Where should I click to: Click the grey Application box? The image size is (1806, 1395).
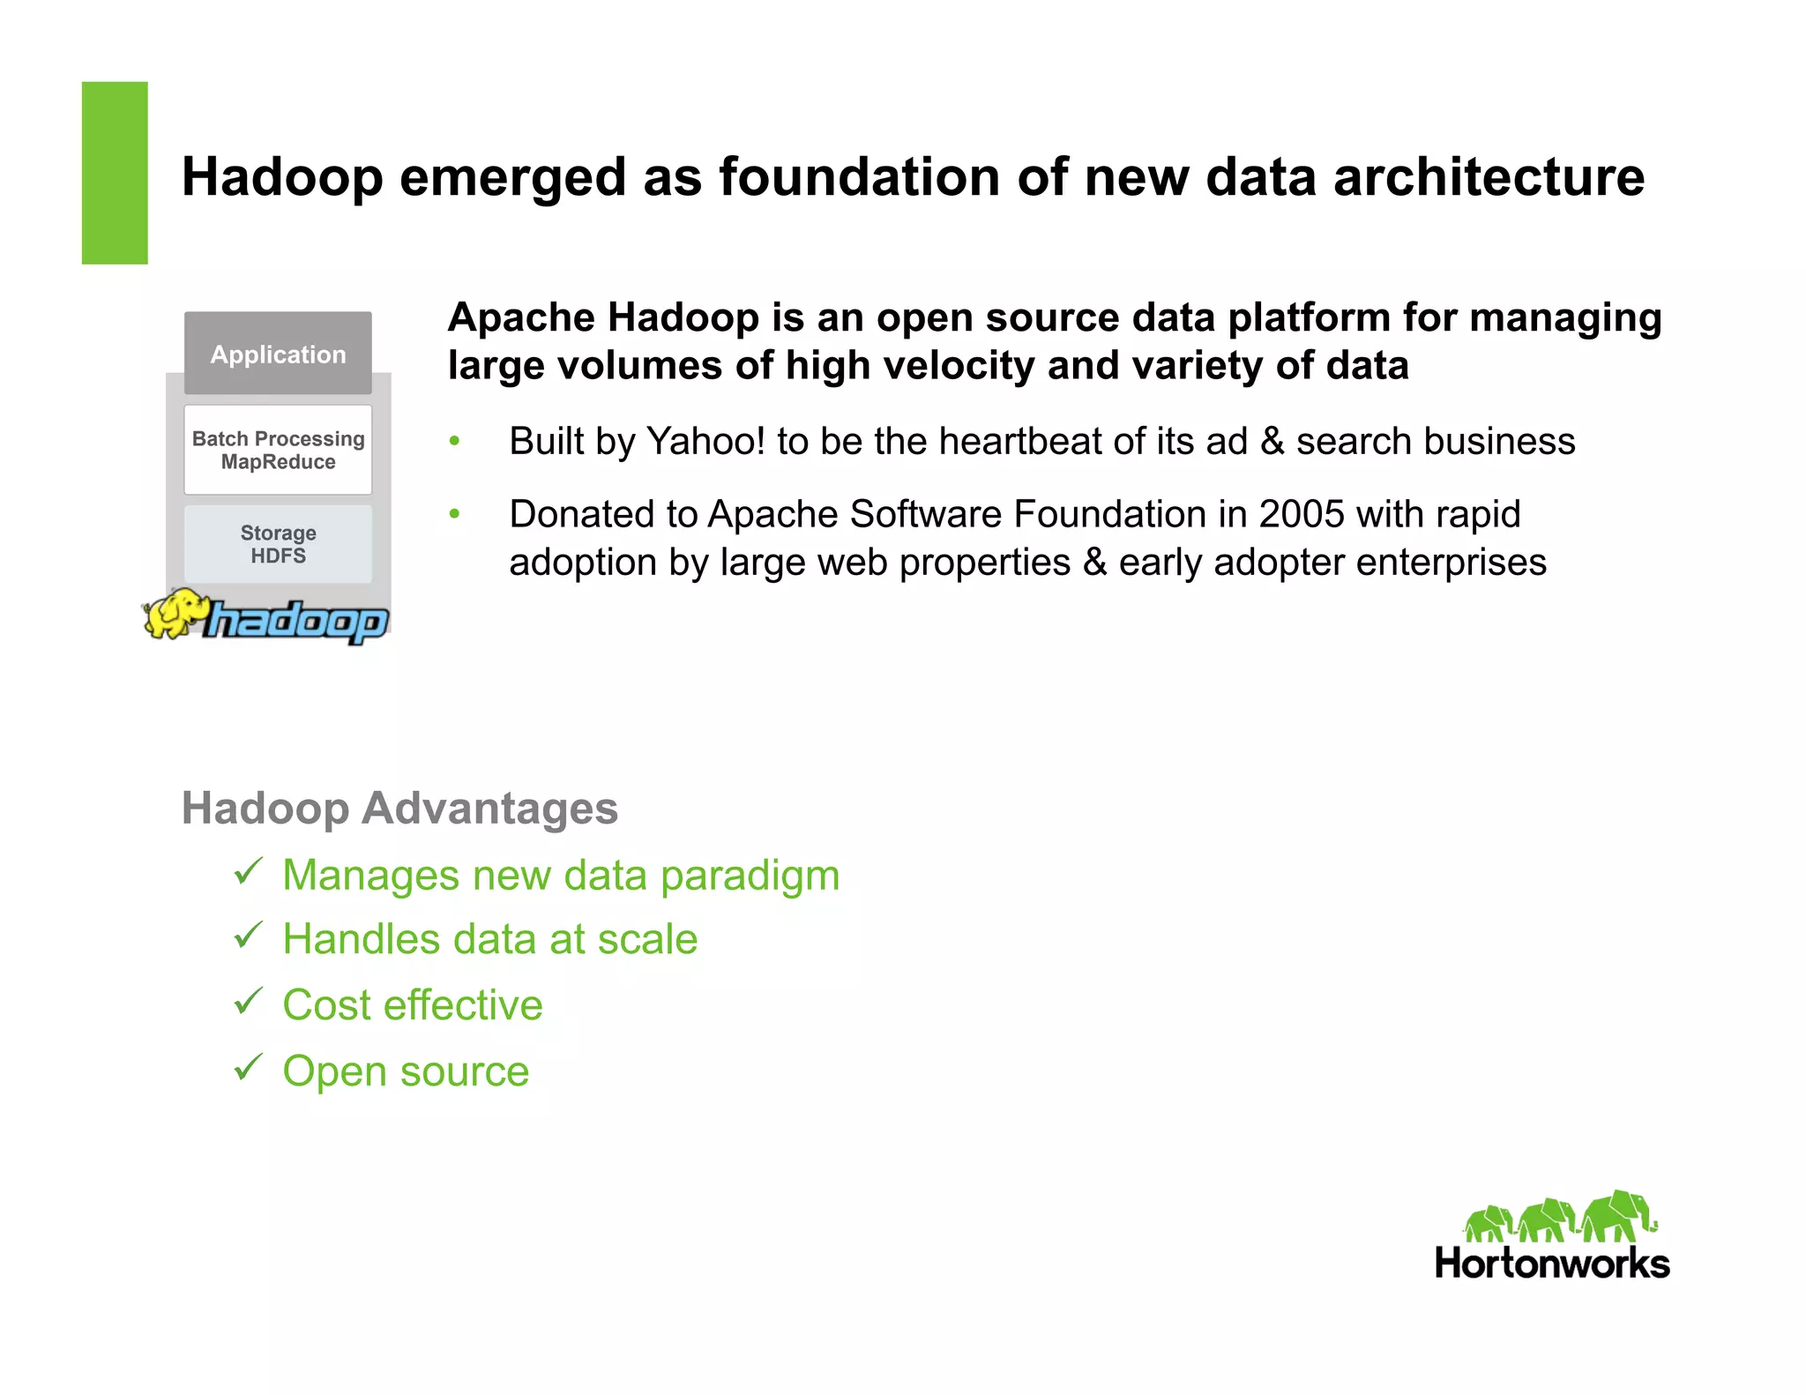click(x=278, y=354)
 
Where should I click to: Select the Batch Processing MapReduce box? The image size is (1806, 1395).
click(x=278, y=450)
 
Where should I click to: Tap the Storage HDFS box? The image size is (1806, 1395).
click(x=278, y=544)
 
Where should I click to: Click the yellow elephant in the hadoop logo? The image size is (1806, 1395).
click(x=175, y=613)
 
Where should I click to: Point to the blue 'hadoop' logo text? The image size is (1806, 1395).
click(x=296, y=622)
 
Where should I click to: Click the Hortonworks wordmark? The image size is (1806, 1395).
click(x=1552, y=1264)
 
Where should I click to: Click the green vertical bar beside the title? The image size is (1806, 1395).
click(x=115, y=173)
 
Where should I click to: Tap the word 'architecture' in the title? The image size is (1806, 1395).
click(x=1489, y=177)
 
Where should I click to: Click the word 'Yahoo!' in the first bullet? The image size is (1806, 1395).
click(x=705, y=441)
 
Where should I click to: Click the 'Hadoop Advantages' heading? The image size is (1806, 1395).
click(x=399, y=808)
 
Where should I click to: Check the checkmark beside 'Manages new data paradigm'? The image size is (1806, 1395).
click(x=249, y=872)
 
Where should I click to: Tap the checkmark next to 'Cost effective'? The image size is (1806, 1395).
click(x=249, y=1002)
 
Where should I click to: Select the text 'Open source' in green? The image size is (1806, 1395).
click(x=406, y=1071)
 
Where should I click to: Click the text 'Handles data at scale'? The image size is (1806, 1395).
click(x=489, y=939)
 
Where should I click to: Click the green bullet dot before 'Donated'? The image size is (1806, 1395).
click(x=455, y=514)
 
